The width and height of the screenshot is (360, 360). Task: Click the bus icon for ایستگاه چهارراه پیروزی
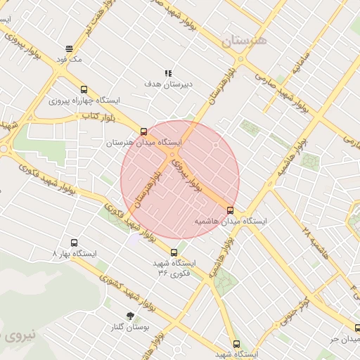[84, 90]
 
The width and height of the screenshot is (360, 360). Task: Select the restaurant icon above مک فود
[69, 49]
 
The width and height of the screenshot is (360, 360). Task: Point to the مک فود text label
[72, 60]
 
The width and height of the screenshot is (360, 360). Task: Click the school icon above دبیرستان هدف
[168, 73]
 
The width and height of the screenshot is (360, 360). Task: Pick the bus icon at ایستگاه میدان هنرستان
[144, 131]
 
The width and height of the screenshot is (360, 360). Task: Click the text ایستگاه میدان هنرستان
[144, 142]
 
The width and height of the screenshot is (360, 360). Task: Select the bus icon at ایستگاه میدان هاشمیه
[230, 210]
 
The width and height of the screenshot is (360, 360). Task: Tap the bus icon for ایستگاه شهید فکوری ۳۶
[174, 252]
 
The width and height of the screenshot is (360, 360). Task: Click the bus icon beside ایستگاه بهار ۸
[55, 252]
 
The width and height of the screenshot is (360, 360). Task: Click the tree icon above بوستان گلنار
[130, 316]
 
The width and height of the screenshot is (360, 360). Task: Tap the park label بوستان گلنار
[127, 327]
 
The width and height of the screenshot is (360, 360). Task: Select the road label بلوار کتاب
[98, 115]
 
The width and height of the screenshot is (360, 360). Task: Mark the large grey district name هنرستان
[245, 40]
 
